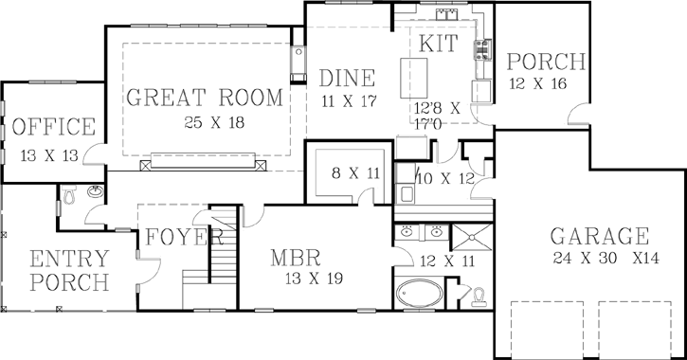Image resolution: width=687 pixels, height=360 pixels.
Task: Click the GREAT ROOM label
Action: [205, 97]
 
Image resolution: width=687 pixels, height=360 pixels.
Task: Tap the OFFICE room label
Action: [53, 127]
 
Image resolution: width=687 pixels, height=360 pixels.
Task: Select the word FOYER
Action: [183, 236]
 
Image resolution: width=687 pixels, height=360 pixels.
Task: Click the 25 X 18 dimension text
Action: [216, 122]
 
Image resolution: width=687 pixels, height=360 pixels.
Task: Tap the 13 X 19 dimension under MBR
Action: [313, 279]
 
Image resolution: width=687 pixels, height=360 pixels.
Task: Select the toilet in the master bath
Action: [479, 297]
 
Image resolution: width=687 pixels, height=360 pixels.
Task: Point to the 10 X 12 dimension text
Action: [443, 176]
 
